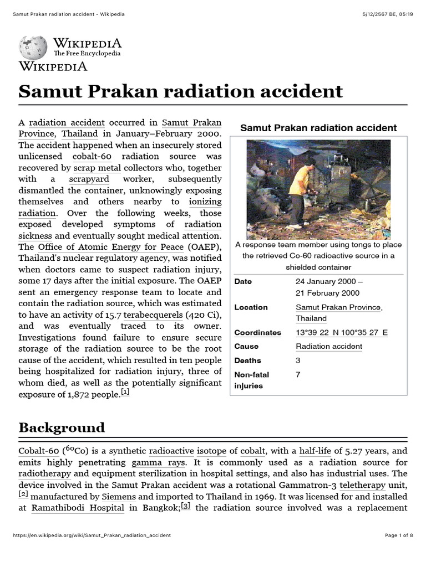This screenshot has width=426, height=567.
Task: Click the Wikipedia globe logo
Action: click(x=34, y=48)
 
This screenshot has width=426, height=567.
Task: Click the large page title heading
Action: click(x=180, y=91)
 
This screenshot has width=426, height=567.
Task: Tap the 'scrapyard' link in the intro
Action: click(x=89, y=179)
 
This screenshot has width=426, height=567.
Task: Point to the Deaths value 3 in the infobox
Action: click(x=298, y=360)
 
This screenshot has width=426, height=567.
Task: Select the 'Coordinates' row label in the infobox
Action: click(x=257, y=333)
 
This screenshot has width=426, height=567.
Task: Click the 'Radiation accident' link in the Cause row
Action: click(x=329, y=347)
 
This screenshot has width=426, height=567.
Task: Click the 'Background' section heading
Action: click(x=62, y=428)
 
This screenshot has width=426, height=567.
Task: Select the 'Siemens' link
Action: click(x=118, y=497)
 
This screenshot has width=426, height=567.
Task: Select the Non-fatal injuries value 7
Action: click(x=298, y=375)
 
